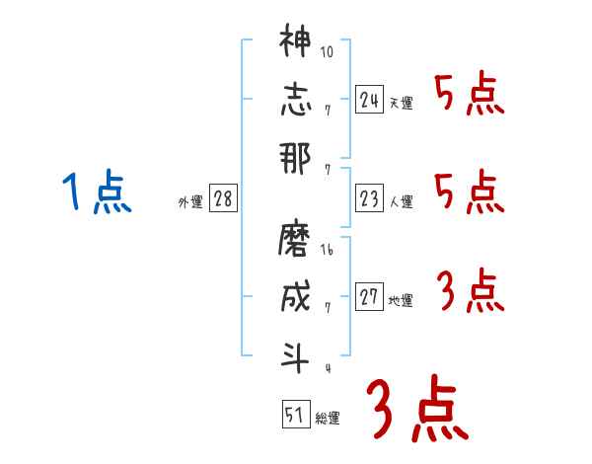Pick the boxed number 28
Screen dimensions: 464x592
(x=223, y=198)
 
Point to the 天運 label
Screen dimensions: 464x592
(x=401, y=103)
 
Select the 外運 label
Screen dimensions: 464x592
(x=190, y=202)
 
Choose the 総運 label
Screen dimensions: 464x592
(x=328, y=418)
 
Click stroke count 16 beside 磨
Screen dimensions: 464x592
(x=328, y=251)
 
